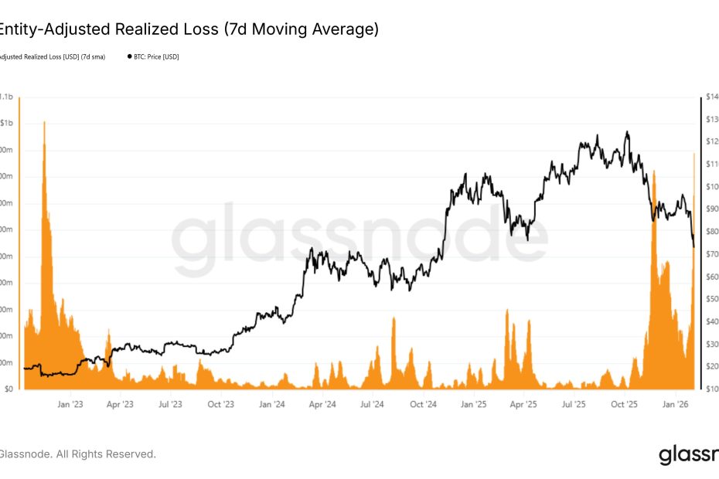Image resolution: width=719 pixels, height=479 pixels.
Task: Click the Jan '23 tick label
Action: [x=70, y=404]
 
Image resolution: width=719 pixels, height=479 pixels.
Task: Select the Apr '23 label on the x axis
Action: [x=120, y=404]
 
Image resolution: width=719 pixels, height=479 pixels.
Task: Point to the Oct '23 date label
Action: [x=221, y=404]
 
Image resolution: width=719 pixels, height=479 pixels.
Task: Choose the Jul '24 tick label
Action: [x=373, y=404]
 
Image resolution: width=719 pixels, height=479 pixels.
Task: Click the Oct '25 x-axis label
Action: [x=625, y=404]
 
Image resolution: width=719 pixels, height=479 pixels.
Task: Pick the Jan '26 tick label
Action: [x=677, y=404]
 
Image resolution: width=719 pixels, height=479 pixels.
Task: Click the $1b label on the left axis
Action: [x=6, y=124]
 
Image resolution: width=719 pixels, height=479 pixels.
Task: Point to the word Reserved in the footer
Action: [x=130, y=454]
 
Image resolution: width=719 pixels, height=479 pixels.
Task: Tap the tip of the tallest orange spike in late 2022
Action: [x=44, y=122]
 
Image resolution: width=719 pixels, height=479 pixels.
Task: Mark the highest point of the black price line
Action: [x=627, y=131]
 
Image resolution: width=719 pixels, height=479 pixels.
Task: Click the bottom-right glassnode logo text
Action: [x=688, y=454]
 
